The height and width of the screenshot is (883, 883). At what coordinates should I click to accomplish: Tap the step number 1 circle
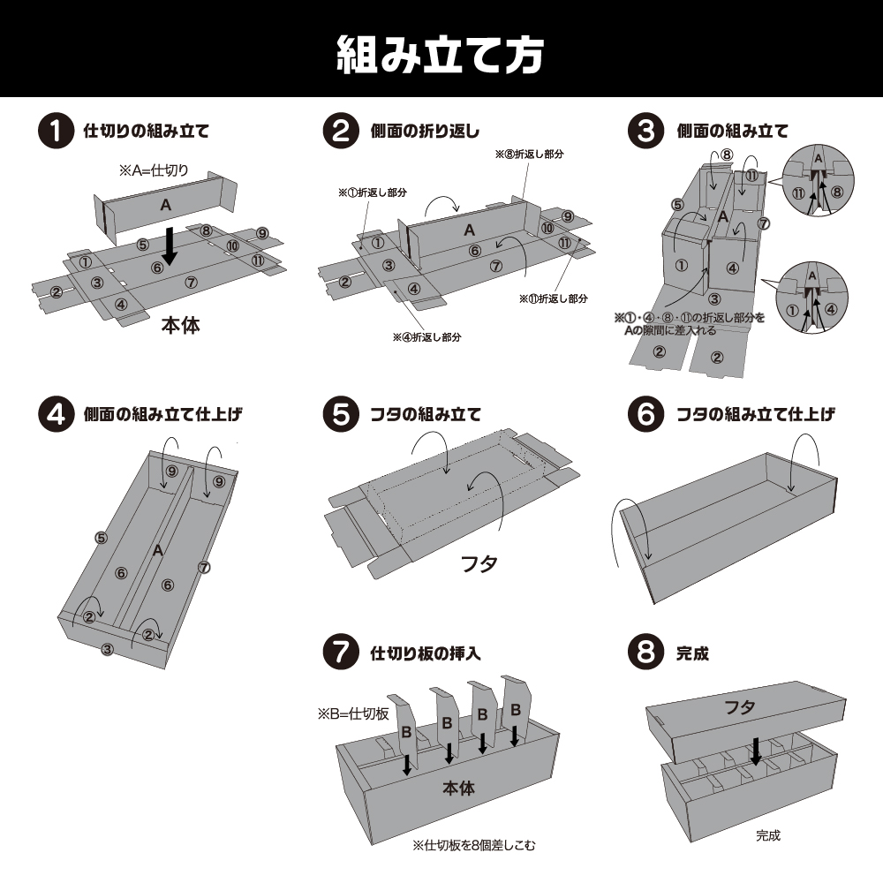pyautogui.click(x=55, y=132)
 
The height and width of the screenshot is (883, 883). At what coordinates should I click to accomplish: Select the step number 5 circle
pyautogui.click(x=341, y=415)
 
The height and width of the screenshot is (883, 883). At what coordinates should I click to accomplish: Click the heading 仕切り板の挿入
pyautogui.click(x=425, y=654)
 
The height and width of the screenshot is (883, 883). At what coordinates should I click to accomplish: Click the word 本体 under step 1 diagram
pyautogui.click(x=180, y=326)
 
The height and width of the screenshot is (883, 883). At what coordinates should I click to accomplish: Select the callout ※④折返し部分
pyautogui.click(x=427, y=337)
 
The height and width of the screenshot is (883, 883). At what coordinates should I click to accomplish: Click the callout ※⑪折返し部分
pyautogui.click(x=554, y=298)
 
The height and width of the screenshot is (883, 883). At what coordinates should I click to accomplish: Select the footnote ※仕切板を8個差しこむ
pyautogui.click(x=473, y=845)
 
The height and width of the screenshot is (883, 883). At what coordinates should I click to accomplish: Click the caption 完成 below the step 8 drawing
pyautogui.click(x=767, y=834)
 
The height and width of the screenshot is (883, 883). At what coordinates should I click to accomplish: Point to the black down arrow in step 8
pyautogui.click(x=756, y=752)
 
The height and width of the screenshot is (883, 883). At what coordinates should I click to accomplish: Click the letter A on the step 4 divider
pyautogui.click(x=157, y=550)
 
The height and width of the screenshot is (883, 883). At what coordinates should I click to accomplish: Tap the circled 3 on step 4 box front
pyautogui.click(x=108, y=650)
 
